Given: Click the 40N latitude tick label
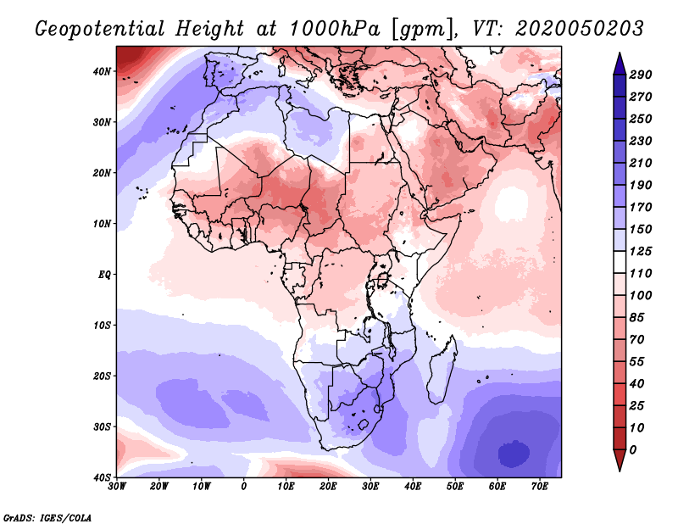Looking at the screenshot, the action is pos(102,71).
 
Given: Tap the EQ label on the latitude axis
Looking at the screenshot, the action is pos(104,275).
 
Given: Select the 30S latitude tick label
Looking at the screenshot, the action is pos(102,427).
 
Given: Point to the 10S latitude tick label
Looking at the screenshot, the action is pos(102,326).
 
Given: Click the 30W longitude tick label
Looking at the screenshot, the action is pos(117,487).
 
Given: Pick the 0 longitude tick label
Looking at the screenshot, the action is pos(244,487).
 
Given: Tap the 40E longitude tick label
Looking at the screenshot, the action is pos(413,487).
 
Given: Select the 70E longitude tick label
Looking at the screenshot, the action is pos(540,487).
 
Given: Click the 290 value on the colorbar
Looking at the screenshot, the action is pos(641,75).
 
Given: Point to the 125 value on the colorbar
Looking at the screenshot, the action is pos(641,251).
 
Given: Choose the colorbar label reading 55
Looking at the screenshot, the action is pos(637,362).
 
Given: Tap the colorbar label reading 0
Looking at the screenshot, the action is pos(633,450).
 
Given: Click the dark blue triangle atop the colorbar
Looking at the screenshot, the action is pos(620,65).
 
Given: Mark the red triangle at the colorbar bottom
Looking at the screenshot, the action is pos(620,459).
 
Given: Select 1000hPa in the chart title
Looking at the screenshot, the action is pos(334,29).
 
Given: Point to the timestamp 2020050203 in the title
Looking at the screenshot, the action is pos(580,29).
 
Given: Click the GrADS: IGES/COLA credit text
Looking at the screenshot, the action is pos(47,518).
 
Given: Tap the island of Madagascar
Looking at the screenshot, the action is pos(442,369).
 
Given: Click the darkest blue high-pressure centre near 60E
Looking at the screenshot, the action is pos(514,454).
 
